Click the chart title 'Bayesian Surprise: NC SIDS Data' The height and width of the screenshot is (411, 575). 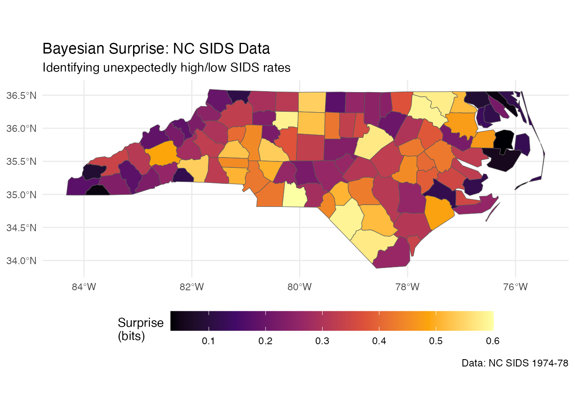[x=156, y=49]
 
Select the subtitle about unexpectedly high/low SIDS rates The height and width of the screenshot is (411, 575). [x=166, y=68]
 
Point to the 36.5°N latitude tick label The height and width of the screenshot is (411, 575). [x=21, y=95]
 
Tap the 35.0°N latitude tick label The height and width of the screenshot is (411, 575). [x=21, y=195]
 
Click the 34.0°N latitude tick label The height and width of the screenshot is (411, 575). [x=21, y=261]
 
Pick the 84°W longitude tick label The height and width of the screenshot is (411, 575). [x=84, y=287]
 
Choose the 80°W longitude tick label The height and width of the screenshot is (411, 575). [x=299, y=287]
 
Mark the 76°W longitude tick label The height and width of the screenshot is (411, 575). [x=516, y=287]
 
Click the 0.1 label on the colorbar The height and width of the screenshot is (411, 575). [x=208, y=341]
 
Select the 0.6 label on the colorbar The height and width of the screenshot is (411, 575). [x=493, y=341]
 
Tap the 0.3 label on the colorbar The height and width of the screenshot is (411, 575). [x=322, y=341]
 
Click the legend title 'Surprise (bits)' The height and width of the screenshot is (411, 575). [x=140, y=329]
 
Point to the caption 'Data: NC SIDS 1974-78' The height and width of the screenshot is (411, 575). [x=515, y=363]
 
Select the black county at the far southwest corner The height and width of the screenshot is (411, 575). [x=98, y=191]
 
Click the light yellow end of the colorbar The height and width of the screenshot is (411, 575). [x=489, y=321]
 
